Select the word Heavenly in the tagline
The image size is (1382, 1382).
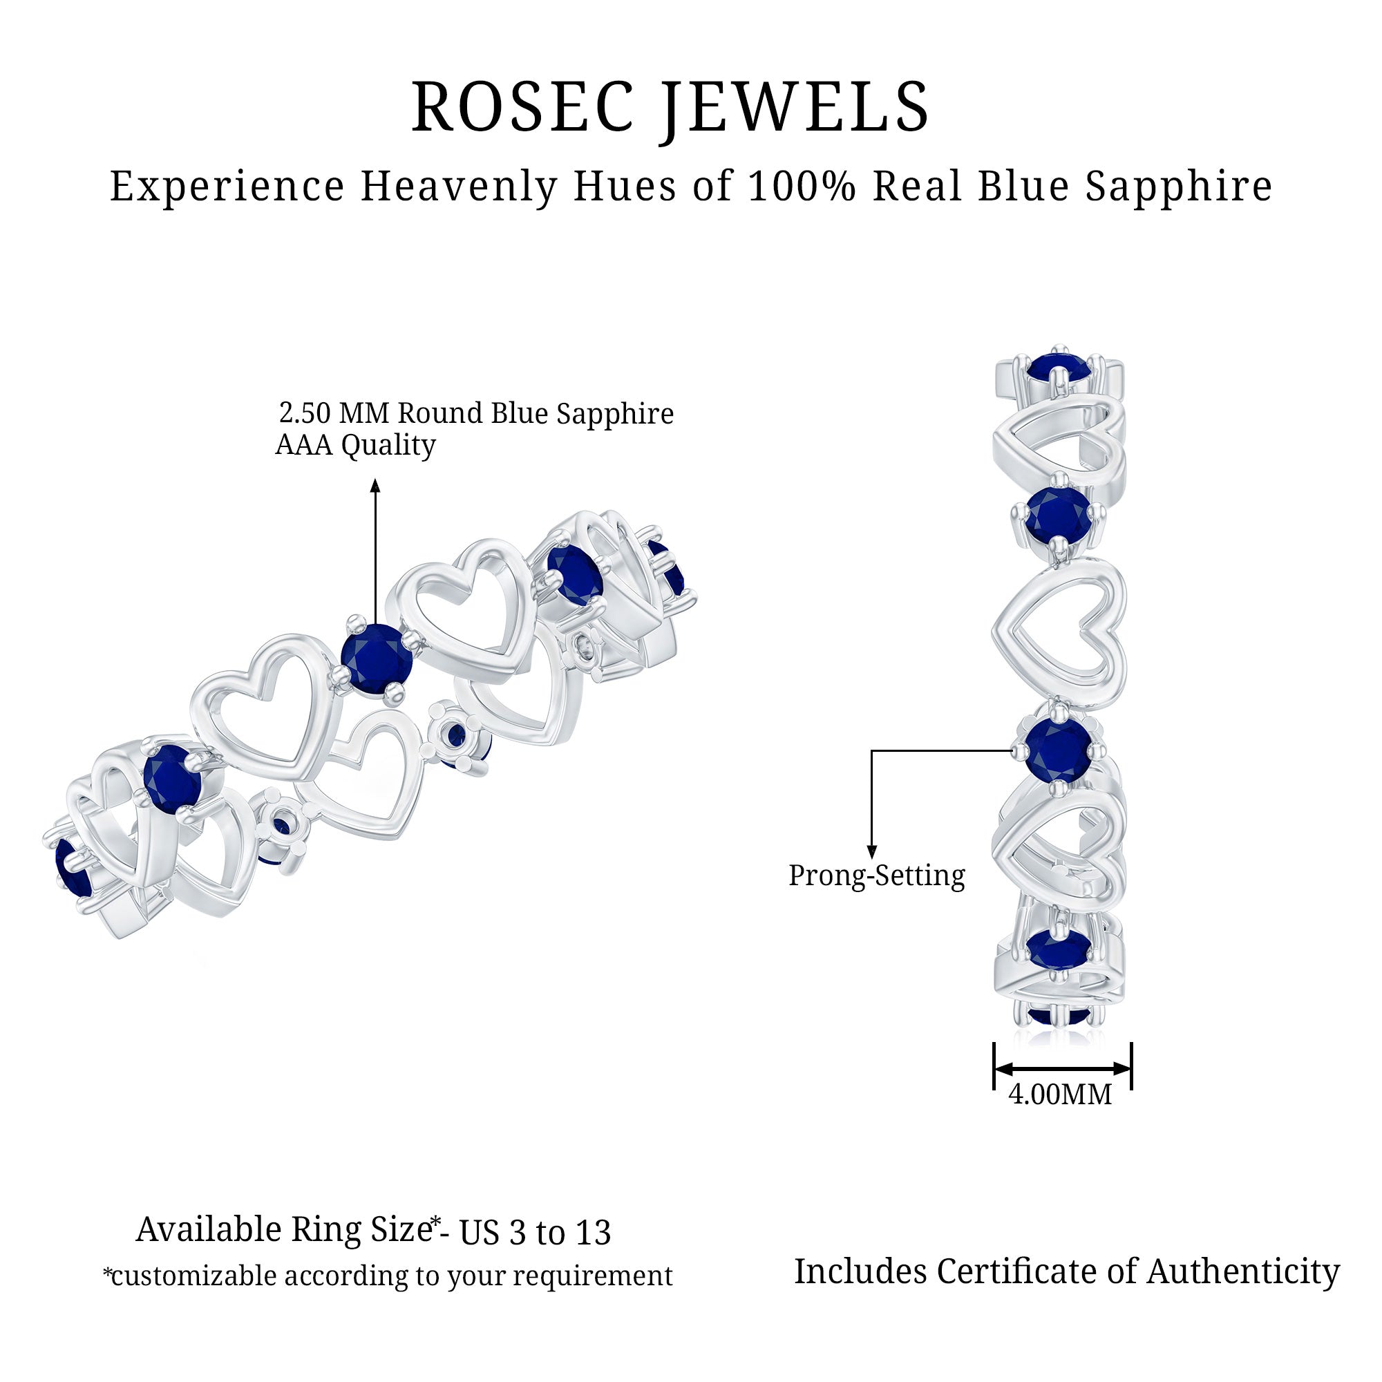click(460, 188)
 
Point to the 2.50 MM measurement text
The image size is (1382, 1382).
click(334, 413)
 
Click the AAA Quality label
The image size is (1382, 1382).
click(355, 446)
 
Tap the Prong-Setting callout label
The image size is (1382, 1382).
click(877, 875)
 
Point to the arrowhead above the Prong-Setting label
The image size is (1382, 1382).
click(871, 851)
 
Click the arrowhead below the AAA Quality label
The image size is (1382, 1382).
click(375, 486)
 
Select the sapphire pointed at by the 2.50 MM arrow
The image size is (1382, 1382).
click(377, 658)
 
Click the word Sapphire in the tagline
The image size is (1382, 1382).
click(1179, 188)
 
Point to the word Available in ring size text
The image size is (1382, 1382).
click(209, 1231)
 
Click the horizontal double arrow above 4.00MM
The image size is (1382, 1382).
click(1062, 1069)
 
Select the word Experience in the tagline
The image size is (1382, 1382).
click(227, 188)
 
